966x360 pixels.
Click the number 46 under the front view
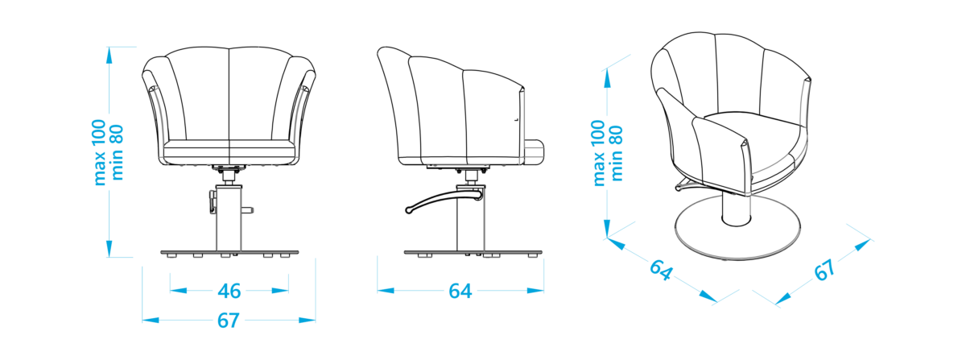pyautogui.click(x=229, y=292)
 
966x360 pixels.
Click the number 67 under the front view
pyautogui.click(x=228, y=321)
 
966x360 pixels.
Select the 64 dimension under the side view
pyautogui.click(x=460, y=292)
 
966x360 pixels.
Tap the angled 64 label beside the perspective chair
pyautogui.click(x=661, y=270)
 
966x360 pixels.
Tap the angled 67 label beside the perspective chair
pyautogui.click(x=824, y=270)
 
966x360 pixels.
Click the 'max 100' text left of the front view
pyautogui.click(x=99, y=152)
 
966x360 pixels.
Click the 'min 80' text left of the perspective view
pyautogui.click(x=617, y=153)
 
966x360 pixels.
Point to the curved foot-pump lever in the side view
pyautogui.click(x=444, y=201)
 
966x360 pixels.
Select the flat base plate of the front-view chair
pyautogui.click(x=229, y=252)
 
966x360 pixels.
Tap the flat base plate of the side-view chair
pyautogui.click(x=473, y=252)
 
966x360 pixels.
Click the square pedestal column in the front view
pyautogui.click(x=229, y=218)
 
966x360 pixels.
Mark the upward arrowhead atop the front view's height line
pyautogui.click(x=109, y=55)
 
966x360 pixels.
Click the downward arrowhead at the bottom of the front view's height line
pyautogui.click(x=109, y=249)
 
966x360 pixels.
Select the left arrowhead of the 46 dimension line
pyautogui.click(x=178, y=291)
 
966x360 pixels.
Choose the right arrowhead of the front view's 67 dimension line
pyautogui.click(x=307, y=321)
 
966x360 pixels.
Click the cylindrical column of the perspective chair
pyautogui.click(x=737, y=209)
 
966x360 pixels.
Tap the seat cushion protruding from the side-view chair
pyautogui.click(x=535, y=152)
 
